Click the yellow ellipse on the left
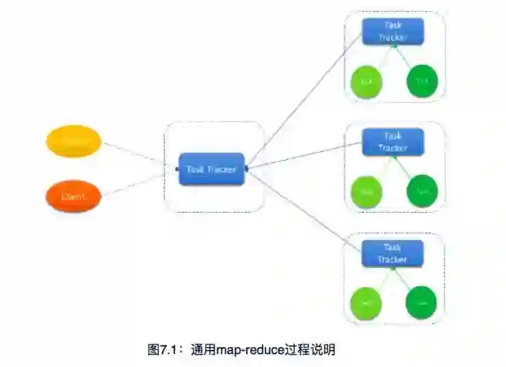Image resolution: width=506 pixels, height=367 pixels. [x=73, y=141]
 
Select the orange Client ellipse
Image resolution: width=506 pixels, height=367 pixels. [x=73, y=196]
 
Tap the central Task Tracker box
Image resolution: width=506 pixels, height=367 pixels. [x=212, y=169]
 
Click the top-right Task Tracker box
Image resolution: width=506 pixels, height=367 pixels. [x=392, y=31]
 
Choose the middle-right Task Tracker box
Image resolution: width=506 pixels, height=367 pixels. [x=392, y=142]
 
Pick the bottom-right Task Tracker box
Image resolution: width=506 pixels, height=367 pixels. [x=392, y=254]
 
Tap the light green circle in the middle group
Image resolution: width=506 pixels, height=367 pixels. [x=367, y=193]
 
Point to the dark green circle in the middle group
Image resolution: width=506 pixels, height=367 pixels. [x=422, y=193]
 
